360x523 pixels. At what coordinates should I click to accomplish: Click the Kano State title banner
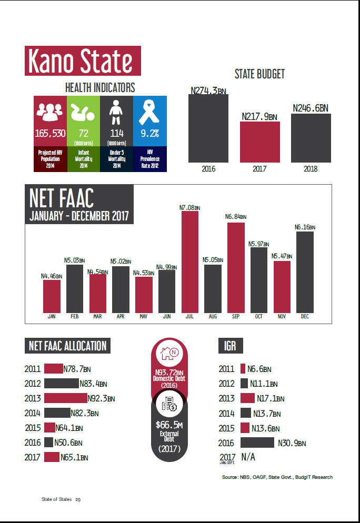[x=83, y=61]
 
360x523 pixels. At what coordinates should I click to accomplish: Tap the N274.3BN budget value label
[x=208, y=91]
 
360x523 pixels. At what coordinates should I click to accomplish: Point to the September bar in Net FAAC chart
[x=236, y=267]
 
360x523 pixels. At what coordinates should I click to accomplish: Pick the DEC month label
[x=305, y=316]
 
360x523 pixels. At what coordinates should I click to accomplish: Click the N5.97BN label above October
[x=258, y=244]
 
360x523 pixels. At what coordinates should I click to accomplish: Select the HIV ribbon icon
[x=150, y=112]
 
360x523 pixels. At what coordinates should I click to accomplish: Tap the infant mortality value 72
[x=84, y=133]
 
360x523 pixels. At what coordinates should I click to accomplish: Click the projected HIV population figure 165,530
[x=51, y=133]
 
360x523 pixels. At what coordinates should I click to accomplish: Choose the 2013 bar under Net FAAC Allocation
[x=66, y=398]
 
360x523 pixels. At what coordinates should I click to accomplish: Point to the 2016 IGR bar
[x=257, y=442]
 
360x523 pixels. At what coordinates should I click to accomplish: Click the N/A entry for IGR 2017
[x=248, y=457]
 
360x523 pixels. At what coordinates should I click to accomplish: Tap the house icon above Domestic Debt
[x=169, y=355]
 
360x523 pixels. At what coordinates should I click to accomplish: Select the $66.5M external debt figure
[x=169, y=425]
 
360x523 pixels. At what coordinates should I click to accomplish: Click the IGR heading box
[x=230, y=346]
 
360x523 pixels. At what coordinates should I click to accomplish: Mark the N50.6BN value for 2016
[x=69, y=442]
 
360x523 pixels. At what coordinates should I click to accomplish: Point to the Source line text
[x=277, y=477]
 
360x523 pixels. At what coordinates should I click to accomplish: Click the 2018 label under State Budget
[x=311, y=169]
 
